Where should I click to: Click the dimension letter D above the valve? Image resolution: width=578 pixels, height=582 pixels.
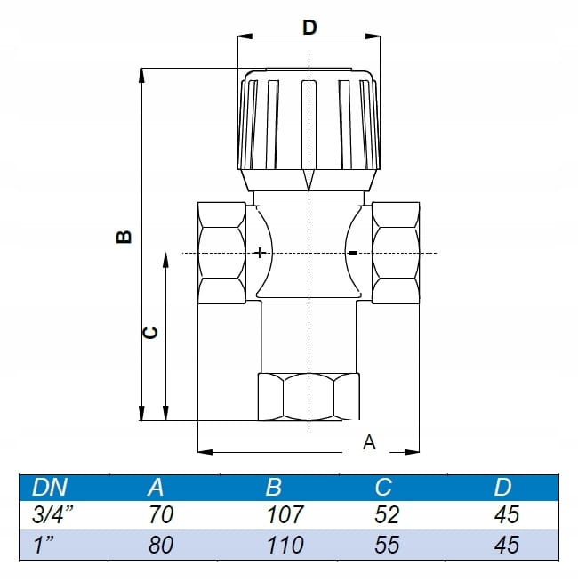(309, 27)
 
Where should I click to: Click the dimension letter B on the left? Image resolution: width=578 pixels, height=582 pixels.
(124, 237)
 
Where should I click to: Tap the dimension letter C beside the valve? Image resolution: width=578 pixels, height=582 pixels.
(151, 332)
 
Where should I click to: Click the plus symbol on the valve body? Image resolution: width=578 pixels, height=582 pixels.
(260, 253)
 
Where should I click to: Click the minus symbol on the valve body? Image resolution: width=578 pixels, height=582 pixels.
(353, 253)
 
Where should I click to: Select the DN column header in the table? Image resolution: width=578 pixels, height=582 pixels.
(50, 487)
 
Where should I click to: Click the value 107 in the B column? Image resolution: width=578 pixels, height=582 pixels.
(285, 514)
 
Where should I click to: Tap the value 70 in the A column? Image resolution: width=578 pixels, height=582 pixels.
(161, 514)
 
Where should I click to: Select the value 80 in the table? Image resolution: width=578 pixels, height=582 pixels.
(161, 544)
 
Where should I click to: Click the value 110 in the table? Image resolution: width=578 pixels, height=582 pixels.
(285, 544)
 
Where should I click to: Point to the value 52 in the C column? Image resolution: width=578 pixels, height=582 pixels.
(387, 514)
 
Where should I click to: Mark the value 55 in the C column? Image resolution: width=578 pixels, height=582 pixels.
(387, 544)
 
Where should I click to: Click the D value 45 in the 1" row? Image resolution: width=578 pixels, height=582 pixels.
(506, 544)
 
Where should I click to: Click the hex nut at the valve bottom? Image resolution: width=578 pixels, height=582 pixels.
(308, 397)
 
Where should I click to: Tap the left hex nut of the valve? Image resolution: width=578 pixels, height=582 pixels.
(221, 253)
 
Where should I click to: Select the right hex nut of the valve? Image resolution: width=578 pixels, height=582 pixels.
(396, 253)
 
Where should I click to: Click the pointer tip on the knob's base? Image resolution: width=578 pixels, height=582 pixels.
(308, 188)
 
